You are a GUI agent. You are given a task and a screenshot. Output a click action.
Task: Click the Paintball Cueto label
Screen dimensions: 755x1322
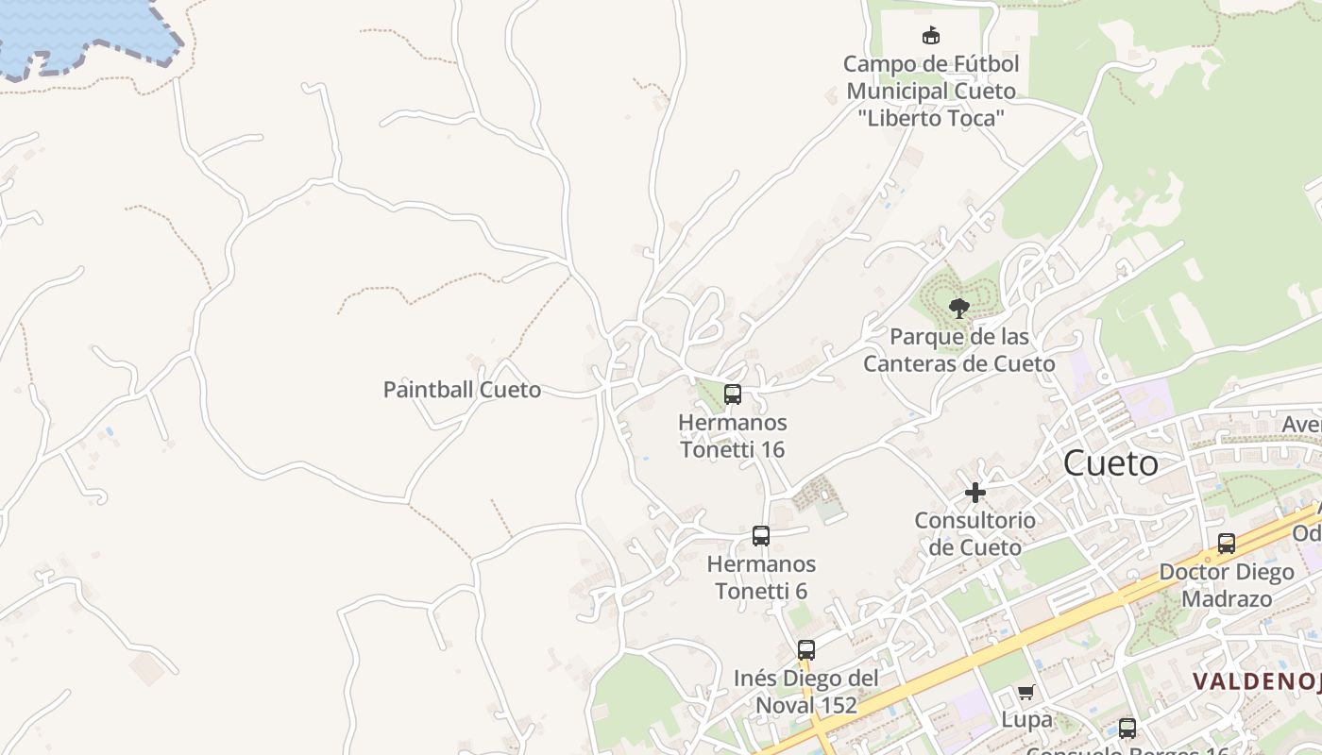(x=462, y=390)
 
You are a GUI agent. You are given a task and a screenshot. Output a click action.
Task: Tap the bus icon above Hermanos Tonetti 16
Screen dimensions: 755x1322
(x=733, y=394)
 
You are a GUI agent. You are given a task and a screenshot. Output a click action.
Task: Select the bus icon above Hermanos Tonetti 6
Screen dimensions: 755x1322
(x=761, y=536)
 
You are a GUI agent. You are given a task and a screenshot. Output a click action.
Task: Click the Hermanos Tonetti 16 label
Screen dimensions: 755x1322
(x=733, y=436)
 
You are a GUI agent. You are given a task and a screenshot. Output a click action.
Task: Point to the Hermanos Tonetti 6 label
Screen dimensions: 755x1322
(x=761, y=578)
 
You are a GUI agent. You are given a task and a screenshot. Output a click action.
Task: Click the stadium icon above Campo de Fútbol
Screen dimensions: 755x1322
(x=931, y=36)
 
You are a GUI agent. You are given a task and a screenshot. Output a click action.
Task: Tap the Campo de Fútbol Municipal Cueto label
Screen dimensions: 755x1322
(x=931, y=92)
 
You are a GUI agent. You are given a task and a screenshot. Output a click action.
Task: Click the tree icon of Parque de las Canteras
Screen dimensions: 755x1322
(x=959, y=308)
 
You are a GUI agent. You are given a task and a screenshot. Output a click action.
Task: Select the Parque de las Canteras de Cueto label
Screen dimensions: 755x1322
(x=959, y=350)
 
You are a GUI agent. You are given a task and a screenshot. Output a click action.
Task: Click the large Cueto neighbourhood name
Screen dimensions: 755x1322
(x=1110, y=463)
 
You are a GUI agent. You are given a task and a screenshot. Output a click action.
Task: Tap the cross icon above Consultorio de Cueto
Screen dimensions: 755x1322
(x=975, y=492)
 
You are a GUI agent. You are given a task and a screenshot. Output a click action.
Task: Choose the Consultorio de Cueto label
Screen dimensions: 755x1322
(x=975, y=534)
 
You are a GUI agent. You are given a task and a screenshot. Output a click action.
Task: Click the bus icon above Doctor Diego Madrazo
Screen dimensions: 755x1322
(x=1227, y=544)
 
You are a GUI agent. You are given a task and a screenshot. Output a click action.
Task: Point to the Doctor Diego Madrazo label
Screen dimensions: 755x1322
(x=1227, y=585)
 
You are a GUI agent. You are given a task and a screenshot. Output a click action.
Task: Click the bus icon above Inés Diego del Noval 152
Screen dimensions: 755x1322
(x=805, y=649)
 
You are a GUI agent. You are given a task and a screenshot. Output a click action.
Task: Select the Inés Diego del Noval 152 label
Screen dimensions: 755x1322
(x=805, y=692)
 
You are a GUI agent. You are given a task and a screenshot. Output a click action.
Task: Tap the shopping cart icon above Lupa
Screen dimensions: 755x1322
(x=1026, y=692)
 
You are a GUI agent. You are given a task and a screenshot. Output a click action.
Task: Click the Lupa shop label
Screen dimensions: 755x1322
(x=1026, y=720)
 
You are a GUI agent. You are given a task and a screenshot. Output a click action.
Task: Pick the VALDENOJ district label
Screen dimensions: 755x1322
(x=1256, y=680)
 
